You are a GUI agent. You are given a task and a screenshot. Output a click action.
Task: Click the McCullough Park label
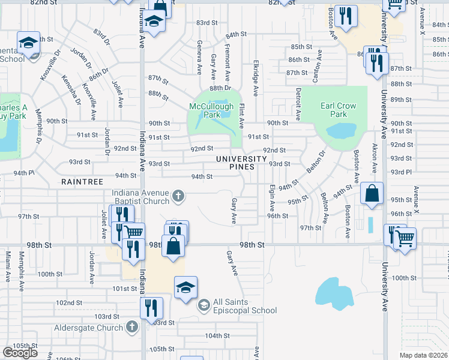pyautogui.click(x=211, y=110)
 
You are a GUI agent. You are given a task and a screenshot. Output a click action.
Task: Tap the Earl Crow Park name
pyautogui.click(x=338, y=110)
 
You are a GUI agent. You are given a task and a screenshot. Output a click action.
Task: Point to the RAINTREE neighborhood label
pyautogui.click(x=82, y=181)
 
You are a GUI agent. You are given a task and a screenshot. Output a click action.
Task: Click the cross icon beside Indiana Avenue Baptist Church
pyautogui.click(x=178, y=195)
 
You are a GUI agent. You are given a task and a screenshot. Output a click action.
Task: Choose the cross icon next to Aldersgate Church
pyautogui.click(x=132, y=327)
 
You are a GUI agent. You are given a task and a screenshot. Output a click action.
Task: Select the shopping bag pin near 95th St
pyautogui.click(x=372, y=194)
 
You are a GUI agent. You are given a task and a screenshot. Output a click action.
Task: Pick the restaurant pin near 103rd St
pyautogui.click(x=151, y=308)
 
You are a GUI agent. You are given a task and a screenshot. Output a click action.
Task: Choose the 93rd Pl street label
pyautogui.click(x=401, y=172)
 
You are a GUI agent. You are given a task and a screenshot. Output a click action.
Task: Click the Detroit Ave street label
pyautogui.click(x=298, y=102)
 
